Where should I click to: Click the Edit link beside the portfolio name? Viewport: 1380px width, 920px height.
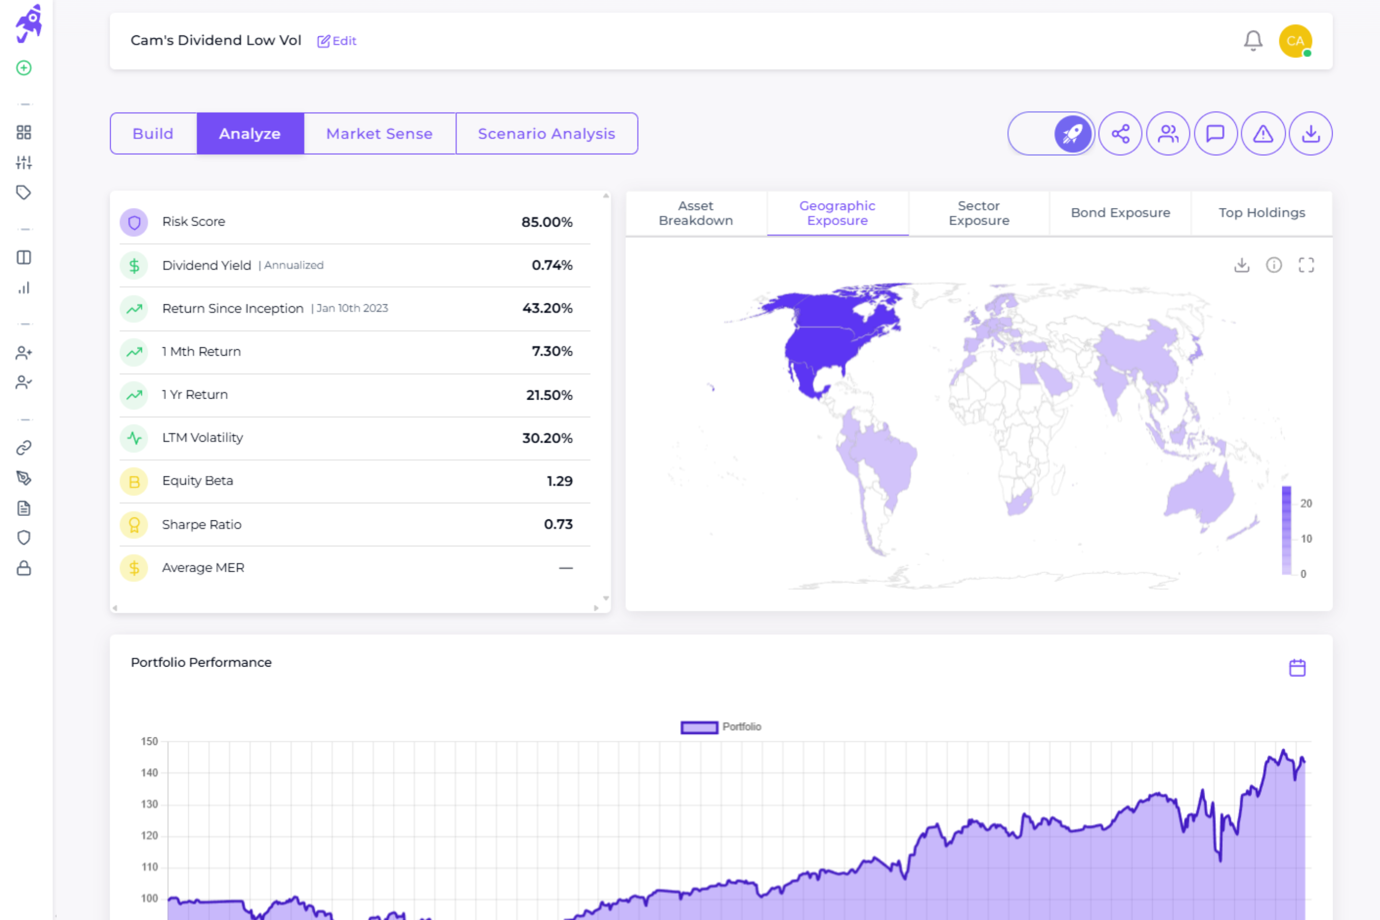pyautogui.click(x=337, y=40)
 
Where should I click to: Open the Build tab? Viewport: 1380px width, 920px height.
pyautogui.click(x=153, y=134)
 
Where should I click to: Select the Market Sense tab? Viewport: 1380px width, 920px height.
pyautogui.click(x=379, y=134)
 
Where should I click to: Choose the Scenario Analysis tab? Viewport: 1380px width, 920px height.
pyautogui.click(x=546, y=134)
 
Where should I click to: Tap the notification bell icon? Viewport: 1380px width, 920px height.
pyautogui.click(x=1253, y=40)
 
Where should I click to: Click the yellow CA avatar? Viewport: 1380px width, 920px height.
pyautogui.click(x=1295, y=40)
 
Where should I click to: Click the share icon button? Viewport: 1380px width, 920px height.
pyautogui.click(x=1120, y=134)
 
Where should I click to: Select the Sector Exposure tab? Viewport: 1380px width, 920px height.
pyautogui.click(x=978, y=213)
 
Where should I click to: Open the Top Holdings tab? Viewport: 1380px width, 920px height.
pyautogui.click(x=1262, y=213)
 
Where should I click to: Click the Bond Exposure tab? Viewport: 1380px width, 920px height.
pyautogui.click(x=1120, y=213)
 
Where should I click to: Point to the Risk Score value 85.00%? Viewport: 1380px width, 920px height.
pyautogui.click(x=546, y=222)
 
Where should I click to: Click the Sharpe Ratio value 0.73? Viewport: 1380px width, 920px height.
pyautogui.click(x=557, y=524)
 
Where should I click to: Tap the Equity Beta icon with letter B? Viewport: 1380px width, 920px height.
pyautogui.click(x=134, y=481)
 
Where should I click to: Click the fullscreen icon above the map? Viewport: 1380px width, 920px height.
pyautogui.click(x=1306, y=265)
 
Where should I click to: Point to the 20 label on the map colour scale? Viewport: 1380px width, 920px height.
pyautogui.click(x=1305, y=504)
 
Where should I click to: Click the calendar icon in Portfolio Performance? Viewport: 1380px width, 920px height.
pyautogui.click(x=1297, y=667)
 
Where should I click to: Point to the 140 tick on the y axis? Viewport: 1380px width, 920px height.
pyautogui.click(x=149, y=773)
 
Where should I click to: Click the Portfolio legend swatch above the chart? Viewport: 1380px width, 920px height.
pyautogui.click(x=699, y=727)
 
